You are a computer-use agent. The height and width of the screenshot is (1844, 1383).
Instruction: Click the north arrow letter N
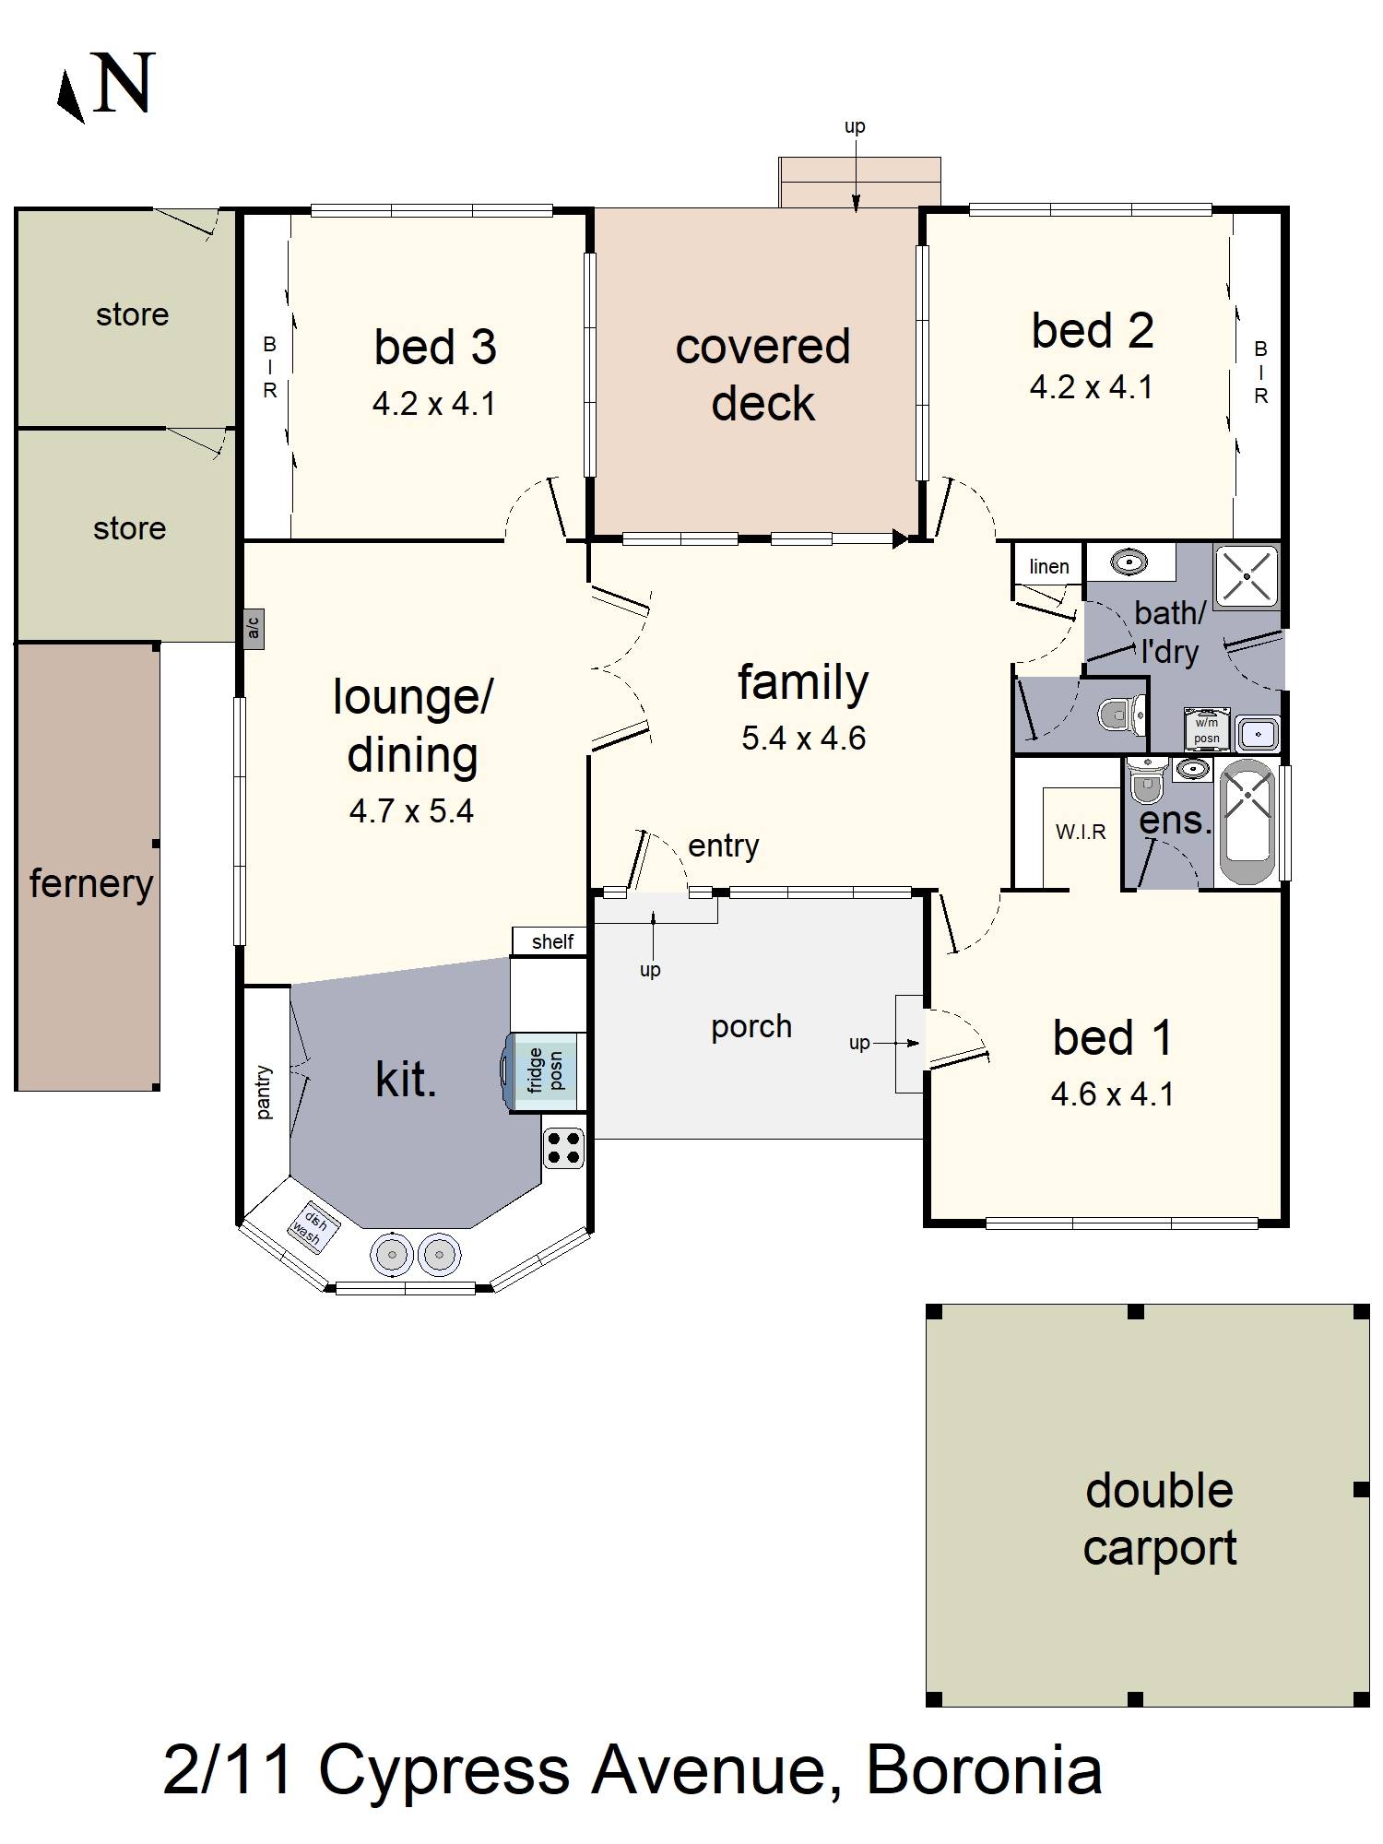point(123,84)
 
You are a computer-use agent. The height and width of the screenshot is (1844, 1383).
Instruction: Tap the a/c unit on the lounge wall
point(254,629)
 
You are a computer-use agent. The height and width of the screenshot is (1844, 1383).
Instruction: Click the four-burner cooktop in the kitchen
point(563,1148)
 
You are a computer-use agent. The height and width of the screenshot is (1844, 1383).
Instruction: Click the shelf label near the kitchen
point(551,941)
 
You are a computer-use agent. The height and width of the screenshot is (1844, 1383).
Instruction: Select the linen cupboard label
point(1048,566)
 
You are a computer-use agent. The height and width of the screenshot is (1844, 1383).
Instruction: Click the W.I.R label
point(1081,832)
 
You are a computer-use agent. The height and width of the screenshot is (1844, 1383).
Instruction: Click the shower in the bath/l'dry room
point(1247,577)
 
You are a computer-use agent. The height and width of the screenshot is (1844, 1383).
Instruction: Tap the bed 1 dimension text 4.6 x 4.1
point(1112,1093)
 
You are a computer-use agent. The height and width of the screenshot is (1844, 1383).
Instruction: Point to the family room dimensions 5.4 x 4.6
point(803,738)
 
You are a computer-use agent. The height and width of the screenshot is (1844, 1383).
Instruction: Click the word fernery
point(90,883)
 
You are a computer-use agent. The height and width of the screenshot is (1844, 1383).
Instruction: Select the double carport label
point(1159,1519)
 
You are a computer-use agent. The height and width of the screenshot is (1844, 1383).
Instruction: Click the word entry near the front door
point(723,845)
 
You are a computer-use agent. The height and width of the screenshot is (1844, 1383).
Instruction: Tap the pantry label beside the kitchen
point(265,1093)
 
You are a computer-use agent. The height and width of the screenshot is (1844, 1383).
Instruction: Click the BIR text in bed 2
point(1260,372)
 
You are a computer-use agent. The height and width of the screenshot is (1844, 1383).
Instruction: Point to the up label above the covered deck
point(855,126)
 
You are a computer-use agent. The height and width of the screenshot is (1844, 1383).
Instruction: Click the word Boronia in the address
point(984,1770)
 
